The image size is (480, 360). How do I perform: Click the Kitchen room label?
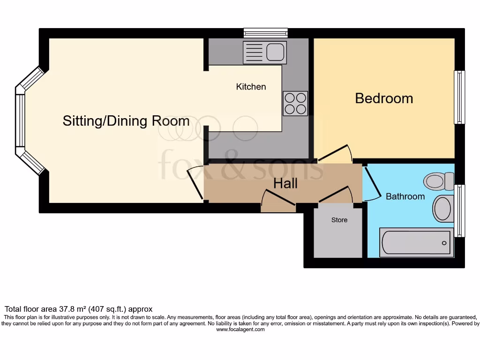(251, 87)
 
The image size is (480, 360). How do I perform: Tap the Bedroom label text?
(384, 98)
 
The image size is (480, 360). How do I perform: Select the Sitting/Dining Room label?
(126, 121)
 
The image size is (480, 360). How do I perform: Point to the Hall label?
(285, 183)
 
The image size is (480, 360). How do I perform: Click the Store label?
(339, 220)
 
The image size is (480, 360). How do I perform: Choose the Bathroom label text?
(405, 196)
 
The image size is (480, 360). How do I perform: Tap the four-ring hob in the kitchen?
(295, 103)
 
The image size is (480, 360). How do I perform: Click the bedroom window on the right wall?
(459, 97)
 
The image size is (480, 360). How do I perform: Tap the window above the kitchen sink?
(265, 33)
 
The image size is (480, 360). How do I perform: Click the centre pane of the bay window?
(20, 120)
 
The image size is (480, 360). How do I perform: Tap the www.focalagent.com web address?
(240, 330)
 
